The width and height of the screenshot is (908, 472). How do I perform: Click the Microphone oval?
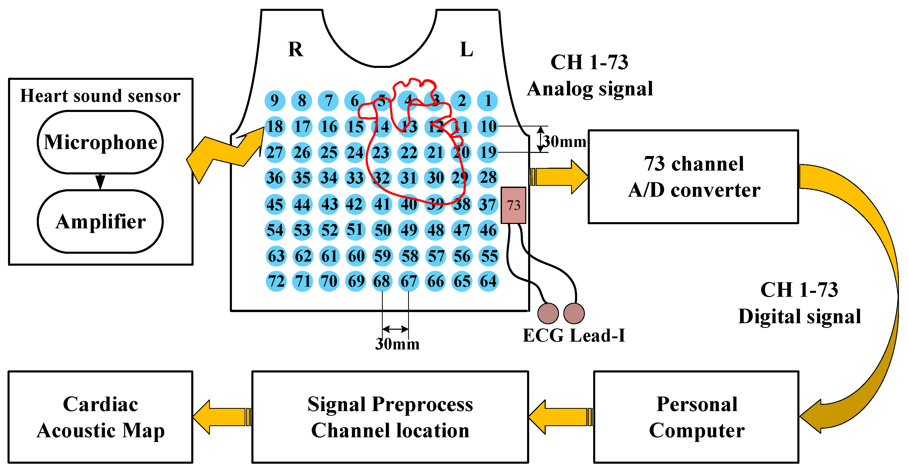100,142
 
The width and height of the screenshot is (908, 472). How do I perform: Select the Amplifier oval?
100,221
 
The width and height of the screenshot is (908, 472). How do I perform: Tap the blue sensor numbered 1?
487,101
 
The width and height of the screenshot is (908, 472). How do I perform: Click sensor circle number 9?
275,101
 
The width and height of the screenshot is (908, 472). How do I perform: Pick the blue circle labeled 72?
276,281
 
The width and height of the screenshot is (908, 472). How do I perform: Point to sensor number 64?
488,281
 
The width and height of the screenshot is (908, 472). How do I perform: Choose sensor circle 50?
382,230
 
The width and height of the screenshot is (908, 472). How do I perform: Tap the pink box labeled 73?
513,205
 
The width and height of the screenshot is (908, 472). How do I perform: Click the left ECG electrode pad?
548,313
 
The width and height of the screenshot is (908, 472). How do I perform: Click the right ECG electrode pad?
574,313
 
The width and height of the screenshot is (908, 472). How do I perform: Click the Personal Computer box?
696,417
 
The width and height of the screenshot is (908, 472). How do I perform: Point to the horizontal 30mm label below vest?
397,344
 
